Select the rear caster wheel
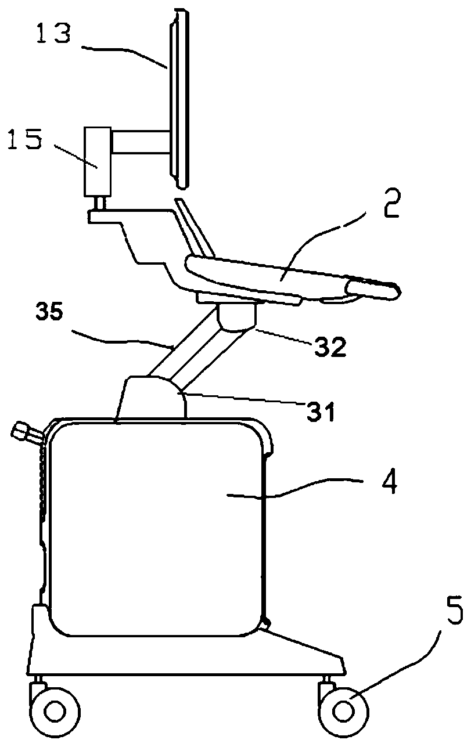point(55,710)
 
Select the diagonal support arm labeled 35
point(185,349)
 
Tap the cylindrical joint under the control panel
point(237,319)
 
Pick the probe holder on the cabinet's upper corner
point(26,432)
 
